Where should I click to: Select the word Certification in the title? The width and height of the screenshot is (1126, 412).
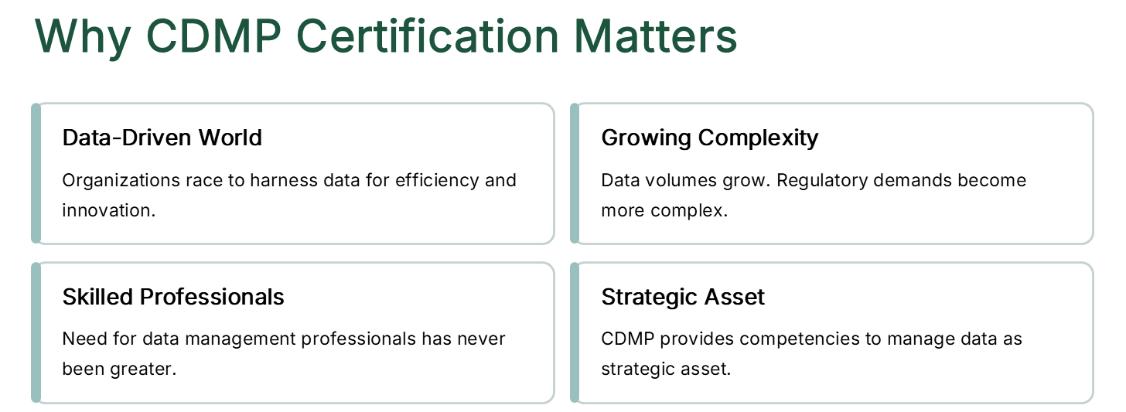point(427,36)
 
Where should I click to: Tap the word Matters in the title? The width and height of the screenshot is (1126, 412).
point(656,36)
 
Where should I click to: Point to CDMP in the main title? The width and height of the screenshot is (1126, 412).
point(213,36)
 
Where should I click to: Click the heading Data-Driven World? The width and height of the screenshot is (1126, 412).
point(162,138)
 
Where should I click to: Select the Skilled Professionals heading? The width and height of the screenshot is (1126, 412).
point(173,297)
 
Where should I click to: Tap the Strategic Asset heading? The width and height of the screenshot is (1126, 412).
point(683,298)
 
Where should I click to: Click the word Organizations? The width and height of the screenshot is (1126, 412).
point(121,181)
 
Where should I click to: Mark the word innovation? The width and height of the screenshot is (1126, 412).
point(108,210)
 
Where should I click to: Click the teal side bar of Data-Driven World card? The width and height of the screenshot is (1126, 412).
point(36,173)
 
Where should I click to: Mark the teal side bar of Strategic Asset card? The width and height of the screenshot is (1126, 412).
point(575,332)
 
